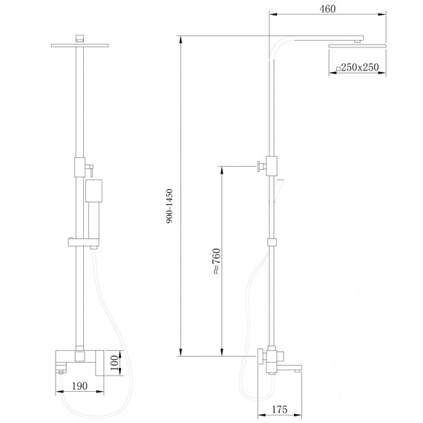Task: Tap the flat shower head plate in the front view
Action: pos(77,45)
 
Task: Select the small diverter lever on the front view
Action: pos(89,168)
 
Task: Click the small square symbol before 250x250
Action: pos(338,68)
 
